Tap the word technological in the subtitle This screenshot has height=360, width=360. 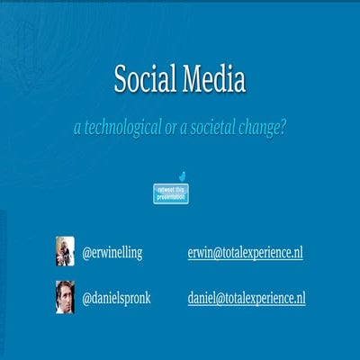(125, 129)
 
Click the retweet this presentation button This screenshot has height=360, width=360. (171, 193)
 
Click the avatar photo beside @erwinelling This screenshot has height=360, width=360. (65, 251)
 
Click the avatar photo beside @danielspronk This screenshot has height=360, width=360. (65, 296)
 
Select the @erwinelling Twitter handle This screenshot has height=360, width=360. (112, 253)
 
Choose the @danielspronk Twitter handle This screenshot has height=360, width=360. (116, 298)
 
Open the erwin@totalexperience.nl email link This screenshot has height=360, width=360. (245, 253)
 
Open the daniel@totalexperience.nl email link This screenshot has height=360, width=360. (247, 298)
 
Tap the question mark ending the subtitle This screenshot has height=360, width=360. (283, 129)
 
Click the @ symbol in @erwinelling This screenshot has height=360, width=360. (86, 253)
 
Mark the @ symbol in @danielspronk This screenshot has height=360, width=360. (86, 298)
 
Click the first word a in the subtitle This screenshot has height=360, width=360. (77, 129)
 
